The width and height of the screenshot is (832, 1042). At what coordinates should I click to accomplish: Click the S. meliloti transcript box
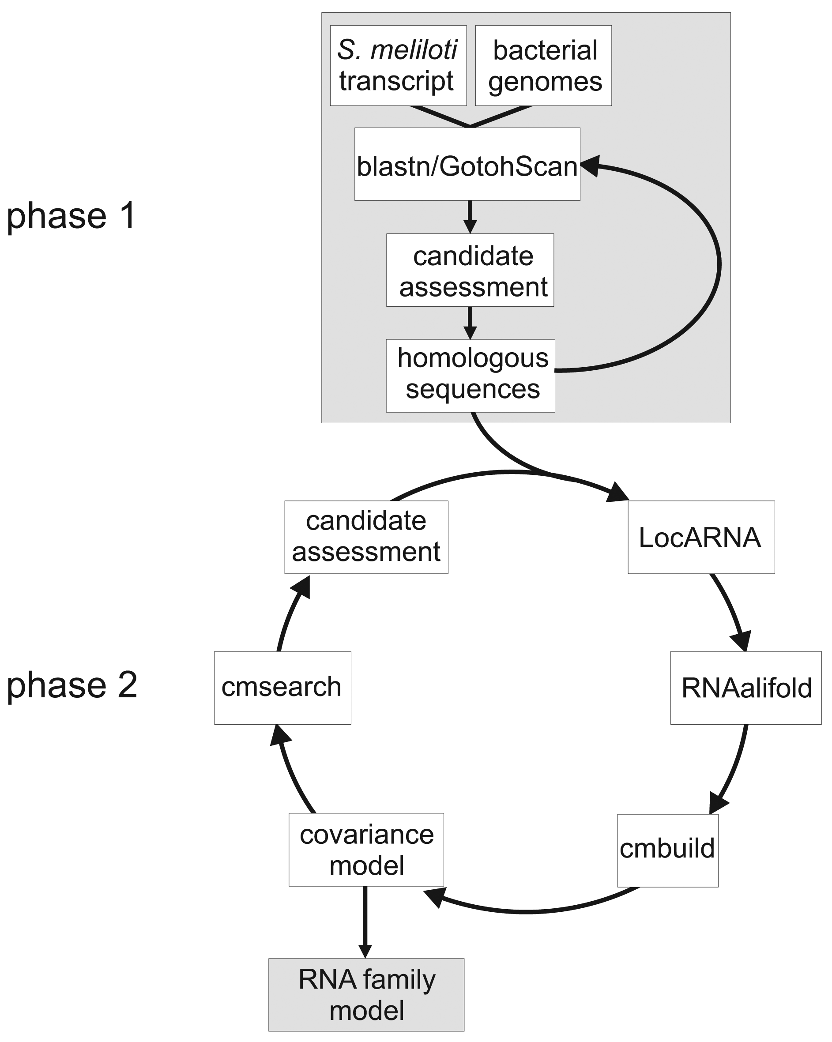tap(398, 65)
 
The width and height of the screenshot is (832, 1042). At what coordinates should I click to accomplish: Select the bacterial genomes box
tap(543, 65)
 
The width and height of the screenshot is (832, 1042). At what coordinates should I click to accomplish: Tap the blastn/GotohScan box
tap(467, 164)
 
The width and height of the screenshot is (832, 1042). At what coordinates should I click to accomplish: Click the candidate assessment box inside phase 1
tap(470, 270)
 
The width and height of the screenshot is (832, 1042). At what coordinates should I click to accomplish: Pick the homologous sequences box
tap(471, 376)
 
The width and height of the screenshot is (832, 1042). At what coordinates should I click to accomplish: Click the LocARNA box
tap(701, 537)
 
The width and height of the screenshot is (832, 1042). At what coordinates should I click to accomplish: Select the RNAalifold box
tap(745, 688)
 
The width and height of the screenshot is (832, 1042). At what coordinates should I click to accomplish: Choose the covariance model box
tap(366, 849)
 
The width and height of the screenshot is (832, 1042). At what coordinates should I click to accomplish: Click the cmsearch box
tap(282, 688)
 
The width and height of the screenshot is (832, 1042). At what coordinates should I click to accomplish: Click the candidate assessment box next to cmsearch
tap(366, 537)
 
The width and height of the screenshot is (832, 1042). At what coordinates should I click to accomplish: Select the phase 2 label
tap(72, 685)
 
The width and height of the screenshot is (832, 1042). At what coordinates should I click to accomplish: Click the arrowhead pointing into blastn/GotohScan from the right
tap(591, 166)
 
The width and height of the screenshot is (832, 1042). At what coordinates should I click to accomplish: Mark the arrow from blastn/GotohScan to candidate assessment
tap(470, 217)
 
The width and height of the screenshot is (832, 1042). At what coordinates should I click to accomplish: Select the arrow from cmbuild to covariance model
tap(527, 910)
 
